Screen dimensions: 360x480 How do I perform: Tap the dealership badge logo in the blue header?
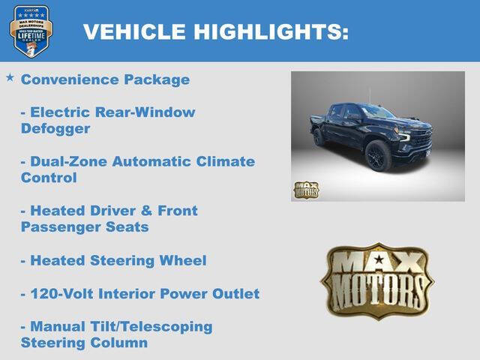[x=31, y=31]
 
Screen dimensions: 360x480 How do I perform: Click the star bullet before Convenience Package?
[x=10, y=78]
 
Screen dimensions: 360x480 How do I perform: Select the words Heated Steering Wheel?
[x=118, y=260]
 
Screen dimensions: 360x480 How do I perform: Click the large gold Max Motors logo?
[x=376, y=280]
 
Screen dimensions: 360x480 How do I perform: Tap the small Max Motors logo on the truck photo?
[x=305, y=190]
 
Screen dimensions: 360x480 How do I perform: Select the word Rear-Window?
[x=145, y=112]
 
